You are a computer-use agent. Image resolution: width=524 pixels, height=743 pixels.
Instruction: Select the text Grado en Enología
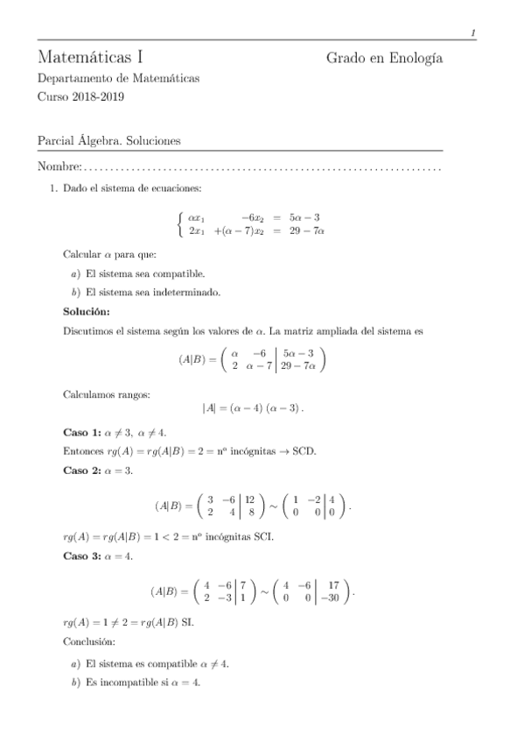click(x=384, y=59)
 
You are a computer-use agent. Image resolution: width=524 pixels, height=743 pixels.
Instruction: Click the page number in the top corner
click(x=472, y=33)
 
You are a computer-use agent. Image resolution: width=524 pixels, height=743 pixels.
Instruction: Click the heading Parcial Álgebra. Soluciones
click(x=109, y=140)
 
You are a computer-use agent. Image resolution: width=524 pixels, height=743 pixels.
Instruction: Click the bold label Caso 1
click(x=82, y=432)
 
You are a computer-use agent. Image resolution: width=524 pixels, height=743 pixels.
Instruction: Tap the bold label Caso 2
click(x=82, y=471)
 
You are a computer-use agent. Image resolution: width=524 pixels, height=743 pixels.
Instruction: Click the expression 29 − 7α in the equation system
click(x=306, y=231)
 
